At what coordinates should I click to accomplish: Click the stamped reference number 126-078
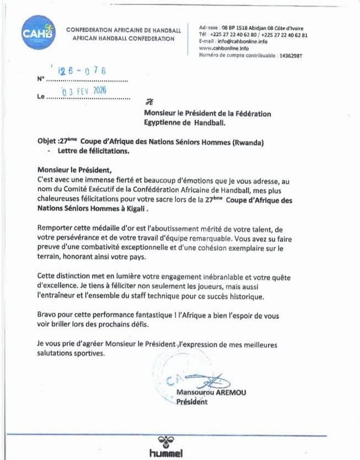pos(83,71)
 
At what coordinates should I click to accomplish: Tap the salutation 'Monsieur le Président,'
pos(74,171)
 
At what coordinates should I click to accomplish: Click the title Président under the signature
pos(191,402)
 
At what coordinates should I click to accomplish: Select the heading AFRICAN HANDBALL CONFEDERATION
pos(123,39)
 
